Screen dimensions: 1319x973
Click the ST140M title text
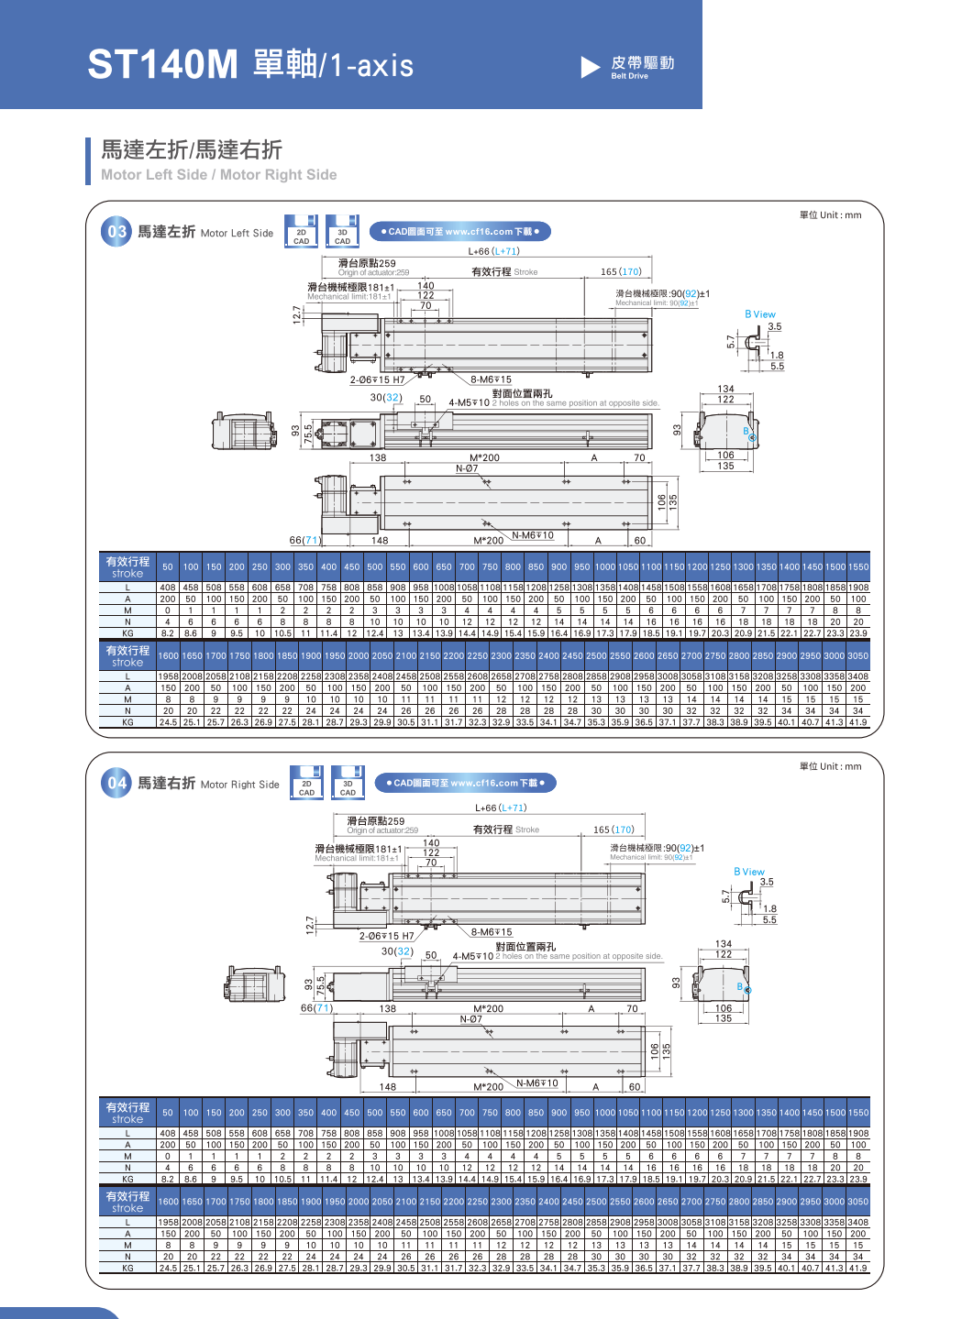click(162, 64)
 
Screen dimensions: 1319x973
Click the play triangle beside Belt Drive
click(590, 67)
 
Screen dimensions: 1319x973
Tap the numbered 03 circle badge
click(116, 232)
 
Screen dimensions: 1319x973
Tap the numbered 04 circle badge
click(116, 783)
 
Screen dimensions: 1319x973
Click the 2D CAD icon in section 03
click(301, 233)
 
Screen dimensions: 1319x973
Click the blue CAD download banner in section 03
click(459, 232)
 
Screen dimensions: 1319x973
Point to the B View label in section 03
click(760, 314)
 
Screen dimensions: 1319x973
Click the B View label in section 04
click(749, 872)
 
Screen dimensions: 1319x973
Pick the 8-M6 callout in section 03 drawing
click(492, 379)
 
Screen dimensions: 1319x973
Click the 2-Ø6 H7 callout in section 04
click(386, 936)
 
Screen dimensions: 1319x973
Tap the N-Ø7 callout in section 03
click(467, 468)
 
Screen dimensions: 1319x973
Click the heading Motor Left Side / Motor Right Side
click(218, 174)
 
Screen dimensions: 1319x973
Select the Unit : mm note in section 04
click(830, 766)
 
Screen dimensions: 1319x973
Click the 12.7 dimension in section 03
click(296, 314)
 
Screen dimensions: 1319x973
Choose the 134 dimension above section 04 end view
click(724, 943)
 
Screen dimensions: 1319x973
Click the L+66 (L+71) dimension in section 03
click(493, 251)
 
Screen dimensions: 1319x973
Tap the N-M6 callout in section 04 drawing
click(536, 1083)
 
